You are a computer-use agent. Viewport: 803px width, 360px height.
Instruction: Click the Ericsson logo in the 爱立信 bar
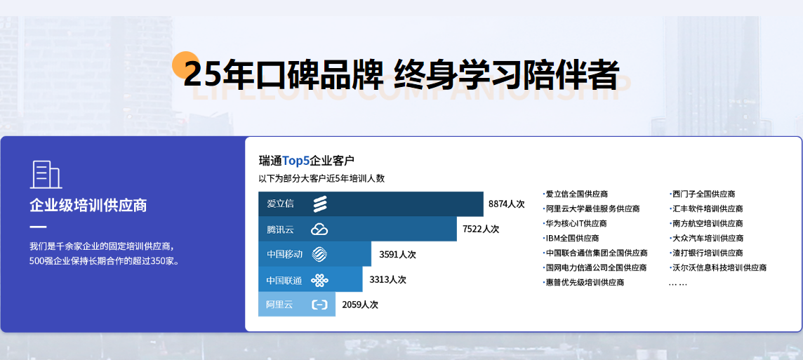(320, 204)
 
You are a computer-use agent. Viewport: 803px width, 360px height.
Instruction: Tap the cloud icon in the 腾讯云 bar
(319, 229)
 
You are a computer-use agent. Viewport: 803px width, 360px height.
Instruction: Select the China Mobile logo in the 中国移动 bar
(319, 255)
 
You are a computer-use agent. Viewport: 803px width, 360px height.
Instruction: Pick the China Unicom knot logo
(319, 280)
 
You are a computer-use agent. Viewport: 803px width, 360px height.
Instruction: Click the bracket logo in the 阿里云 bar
(319, 305)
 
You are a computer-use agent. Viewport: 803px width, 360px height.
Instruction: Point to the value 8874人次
(507, 204)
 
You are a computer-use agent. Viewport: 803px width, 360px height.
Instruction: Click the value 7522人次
(480, 229)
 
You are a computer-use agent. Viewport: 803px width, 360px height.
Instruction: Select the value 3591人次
(397, 255)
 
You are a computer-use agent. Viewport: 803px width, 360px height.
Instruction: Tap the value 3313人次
(387, 279)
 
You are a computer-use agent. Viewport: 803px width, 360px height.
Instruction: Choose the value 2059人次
(360, 305)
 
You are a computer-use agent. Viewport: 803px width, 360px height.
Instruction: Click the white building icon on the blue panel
(46, 175)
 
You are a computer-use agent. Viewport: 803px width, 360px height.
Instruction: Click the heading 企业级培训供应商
(88, 206)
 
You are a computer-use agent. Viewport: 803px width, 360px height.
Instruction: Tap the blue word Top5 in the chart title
(296, 161)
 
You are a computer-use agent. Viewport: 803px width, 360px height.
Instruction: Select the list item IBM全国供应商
(571, 238)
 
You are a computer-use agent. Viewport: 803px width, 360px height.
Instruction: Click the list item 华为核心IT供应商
(575, 224)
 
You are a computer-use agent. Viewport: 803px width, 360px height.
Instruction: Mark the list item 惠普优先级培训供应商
(584, 282)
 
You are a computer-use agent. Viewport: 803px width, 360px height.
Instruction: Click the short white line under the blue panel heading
(38, 227)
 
